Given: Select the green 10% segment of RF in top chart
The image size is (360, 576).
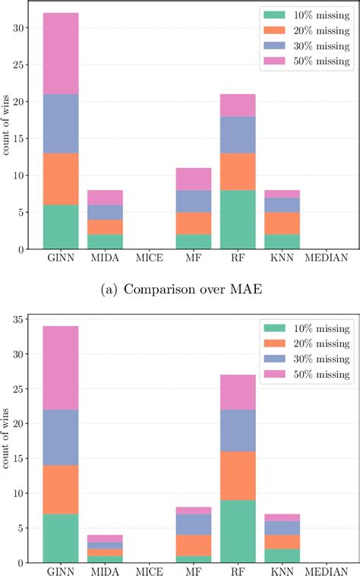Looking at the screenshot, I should tap(238, 219).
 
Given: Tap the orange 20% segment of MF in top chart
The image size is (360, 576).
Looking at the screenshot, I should tap(194, 223).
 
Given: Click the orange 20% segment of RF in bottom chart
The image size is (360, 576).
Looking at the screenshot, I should tap(238, 476).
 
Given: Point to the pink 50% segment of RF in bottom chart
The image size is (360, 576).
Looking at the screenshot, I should tap(238, 392).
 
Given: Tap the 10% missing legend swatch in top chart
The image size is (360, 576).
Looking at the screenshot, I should tap(274, 14).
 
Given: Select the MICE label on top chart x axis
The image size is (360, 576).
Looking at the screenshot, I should tap(149, 258).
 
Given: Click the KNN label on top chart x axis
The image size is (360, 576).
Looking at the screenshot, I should tap(283, 258).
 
